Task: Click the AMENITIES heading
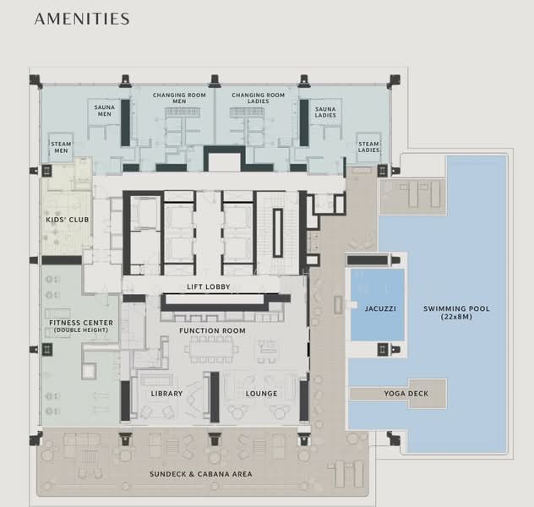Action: (82, 19)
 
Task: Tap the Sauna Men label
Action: (105, 111)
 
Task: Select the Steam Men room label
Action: (61, 147)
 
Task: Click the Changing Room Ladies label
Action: (259, 98)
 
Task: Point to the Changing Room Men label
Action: (179, 98)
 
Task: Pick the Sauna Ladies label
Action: (325, 112)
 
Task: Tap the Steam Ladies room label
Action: (368, 147)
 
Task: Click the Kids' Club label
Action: (68, 220)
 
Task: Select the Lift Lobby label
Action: (209, 286)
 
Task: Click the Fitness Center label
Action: (81, 323)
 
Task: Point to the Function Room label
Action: (212, 330)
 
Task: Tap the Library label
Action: (167, 394)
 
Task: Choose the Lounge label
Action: (262, 394)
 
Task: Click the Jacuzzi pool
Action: (378, 305)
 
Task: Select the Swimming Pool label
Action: (456, 308)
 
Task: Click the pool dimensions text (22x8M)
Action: (456, 317)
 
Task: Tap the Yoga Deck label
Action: (406, 394)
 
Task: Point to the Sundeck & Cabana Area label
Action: (201, 474)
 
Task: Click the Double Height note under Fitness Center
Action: (81, 330)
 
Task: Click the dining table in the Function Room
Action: (211, 350)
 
